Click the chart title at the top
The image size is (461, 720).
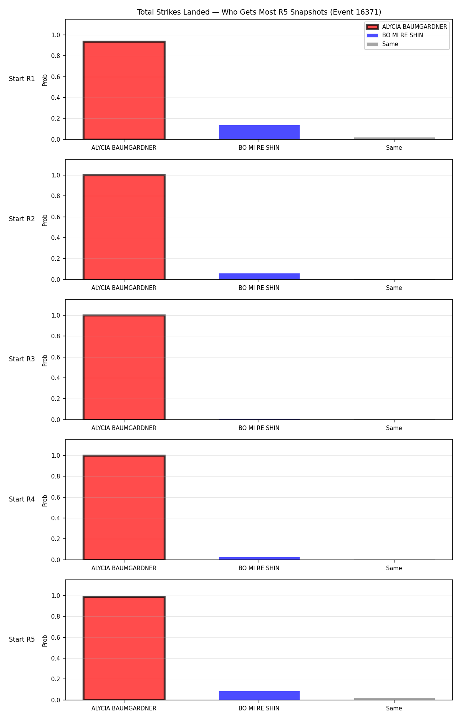click(x=259, y=12)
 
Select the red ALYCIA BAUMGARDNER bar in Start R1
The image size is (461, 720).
click(x=124, y=90)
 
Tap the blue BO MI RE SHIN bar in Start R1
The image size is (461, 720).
click(x=259, y=132)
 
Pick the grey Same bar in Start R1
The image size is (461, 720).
click(x=394, y=138)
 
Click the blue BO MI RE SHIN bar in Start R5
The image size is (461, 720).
click(x=259, y=695)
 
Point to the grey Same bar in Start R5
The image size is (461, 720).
click(x=394, y=699)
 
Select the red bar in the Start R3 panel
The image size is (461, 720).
click(x=124, y=367)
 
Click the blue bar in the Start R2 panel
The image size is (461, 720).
click(x=259, y=276)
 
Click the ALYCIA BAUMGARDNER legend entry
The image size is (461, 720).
click(x=406, y=27)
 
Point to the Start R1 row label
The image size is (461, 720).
click(x=22, y=79)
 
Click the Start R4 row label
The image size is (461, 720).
click(x=22, y=499)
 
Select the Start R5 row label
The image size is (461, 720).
click(x=22, y=639)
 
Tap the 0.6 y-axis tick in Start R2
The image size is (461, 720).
click(x=56, y=217)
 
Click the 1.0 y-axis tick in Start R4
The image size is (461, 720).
click(x=56, y=455)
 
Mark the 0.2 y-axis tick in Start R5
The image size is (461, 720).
click(x=56, y=679)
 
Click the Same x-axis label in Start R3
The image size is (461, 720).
click(x=394, y=428)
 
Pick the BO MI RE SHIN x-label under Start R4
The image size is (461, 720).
click(x=259, y=568)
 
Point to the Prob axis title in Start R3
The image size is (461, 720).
click(x=45, y=360)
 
